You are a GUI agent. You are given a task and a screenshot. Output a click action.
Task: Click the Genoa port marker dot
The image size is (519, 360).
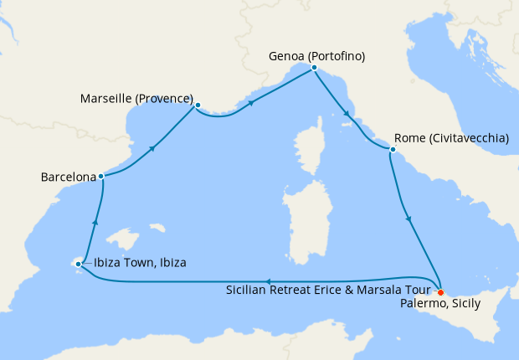click(313, 68)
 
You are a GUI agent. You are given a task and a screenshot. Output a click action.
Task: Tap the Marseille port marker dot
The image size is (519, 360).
click(197, 105)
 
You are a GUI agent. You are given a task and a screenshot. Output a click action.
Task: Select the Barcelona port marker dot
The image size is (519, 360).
click(100, 177)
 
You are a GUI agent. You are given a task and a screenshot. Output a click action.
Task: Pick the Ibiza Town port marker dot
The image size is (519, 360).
click(79, 265)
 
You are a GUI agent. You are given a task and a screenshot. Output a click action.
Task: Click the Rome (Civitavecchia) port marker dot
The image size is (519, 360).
click(391, 150)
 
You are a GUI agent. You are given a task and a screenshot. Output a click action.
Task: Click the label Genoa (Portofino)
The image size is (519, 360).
click(317, 56)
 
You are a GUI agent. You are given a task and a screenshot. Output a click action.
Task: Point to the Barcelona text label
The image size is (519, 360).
click(69, 177)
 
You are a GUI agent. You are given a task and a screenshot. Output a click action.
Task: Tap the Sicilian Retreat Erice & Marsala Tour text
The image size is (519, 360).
click(330, 290)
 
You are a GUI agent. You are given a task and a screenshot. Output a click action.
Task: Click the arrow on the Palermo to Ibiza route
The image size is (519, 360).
click(266, 281)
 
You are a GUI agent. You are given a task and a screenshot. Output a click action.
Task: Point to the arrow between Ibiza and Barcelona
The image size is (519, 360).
click(95, 221)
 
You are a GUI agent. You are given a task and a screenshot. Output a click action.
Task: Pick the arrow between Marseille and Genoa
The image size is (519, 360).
click(251, 105)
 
